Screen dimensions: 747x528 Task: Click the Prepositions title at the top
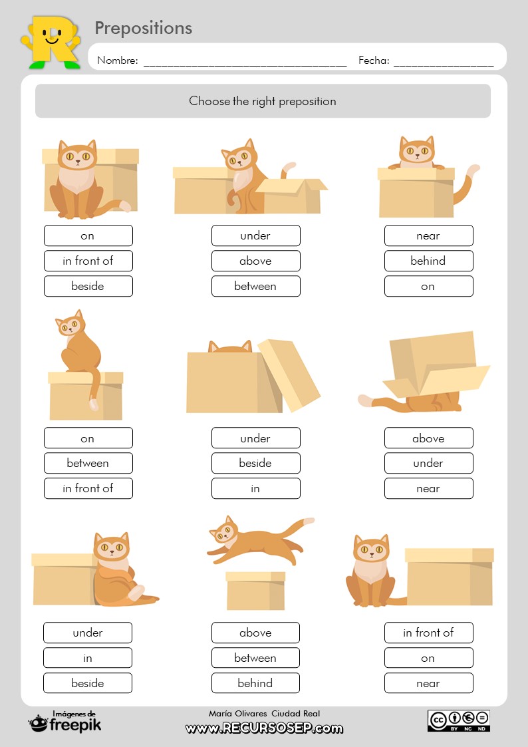coord(143,28)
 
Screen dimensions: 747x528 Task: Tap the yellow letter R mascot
coord(51,41)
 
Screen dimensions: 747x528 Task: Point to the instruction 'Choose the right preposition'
coord(263,101)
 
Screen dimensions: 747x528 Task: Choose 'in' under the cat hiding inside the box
coord(255,488)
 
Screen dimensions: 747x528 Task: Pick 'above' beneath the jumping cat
coord(255,633)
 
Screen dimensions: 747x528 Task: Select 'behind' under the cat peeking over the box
coord(428,261)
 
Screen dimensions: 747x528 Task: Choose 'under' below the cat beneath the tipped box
coord(428,463)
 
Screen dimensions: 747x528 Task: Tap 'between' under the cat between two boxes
coord(255,286)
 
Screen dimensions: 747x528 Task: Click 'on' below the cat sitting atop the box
coord(88,438)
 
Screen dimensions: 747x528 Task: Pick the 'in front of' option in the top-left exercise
coord(88,261)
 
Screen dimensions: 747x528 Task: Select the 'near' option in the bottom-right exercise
coord(428,683)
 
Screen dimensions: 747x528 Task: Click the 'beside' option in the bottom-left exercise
coord(88,683)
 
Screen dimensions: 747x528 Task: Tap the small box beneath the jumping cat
coord(255,590)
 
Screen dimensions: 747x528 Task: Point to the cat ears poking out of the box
coord(230,347)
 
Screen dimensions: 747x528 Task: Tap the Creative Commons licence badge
coord(458,720)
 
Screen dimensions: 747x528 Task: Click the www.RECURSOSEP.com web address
coord(264,728)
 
